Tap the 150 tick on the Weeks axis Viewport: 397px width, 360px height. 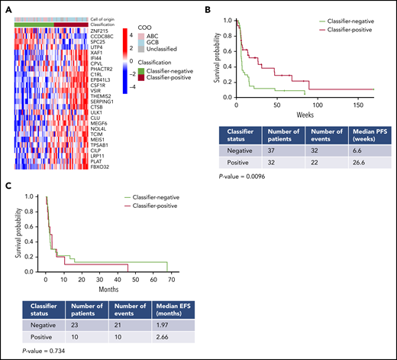coord(363,103)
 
